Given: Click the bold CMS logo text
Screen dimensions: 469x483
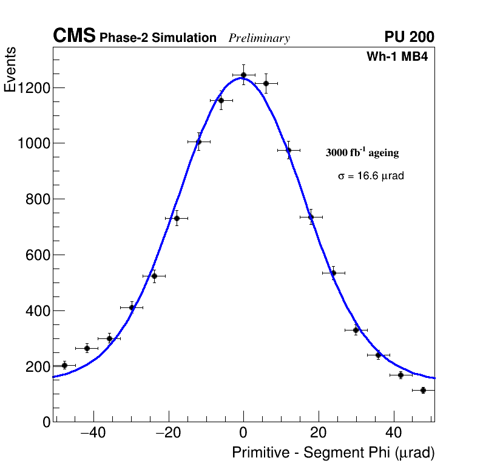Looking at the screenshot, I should [x=74, y=36].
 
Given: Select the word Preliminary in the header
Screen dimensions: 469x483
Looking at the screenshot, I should [x=259, y=38].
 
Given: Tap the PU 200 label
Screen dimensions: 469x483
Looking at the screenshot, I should [x=409, y=37].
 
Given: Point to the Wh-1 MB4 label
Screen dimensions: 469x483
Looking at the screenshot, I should [x=397, y=57].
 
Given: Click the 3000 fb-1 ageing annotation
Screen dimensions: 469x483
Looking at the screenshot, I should [x=362, y=152].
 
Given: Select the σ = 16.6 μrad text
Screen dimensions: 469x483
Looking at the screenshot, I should [x=371, y=176].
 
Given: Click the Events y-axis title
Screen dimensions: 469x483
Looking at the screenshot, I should [x=10, y=70].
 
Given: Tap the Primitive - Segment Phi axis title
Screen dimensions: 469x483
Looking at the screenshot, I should [x=333, y=453].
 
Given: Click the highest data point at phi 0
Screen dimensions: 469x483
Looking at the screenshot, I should [x=243, y=75].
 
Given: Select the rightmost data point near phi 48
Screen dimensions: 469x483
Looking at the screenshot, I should [x=423, y=390].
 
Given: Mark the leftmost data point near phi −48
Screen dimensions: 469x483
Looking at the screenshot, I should [x=64, y=365].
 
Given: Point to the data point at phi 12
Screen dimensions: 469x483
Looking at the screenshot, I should [x=288, y=150].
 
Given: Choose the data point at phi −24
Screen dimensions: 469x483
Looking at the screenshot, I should [x=154, y=276].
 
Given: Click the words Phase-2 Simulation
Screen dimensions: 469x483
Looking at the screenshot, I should [x=158, y=38].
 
